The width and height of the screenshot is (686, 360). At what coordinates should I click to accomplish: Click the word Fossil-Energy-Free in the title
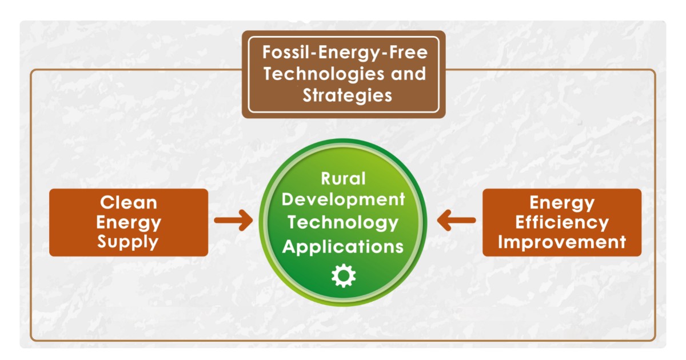(x=345, y=52)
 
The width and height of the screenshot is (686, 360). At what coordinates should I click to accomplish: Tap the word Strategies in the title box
(x=348, y=95)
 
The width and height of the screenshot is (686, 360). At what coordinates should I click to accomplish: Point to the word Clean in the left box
(x=129, y=203)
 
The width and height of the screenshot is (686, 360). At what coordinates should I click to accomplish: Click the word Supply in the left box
(x=128, y=242)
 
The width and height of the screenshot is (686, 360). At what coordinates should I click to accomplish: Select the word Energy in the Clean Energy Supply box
(x=129, y=223)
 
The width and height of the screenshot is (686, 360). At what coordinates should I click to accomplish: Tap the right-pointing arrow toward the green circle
(x=233, y=221)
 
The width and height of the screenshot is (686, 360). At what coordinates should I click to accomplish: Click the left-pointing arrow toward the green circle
(x=456, y=221)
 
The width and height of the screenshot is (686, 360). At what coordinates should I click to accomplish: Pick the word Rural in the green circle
(x=343, y=179)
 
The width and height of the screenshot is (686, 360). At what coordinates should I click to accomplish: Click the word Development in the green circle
(x=344, y=200)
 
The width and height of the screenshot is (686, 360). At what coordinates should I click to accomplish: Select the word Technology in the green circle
(x=343, y=223)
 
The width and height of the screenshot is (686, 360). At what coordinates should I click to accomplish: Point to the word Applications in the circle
(x=343, y=247)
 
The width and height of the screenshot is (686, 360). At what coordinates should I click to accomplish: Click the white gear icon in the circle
(x=344, y=276)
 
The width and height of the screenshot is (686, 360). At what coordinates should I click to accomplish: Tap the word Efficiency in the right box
(x=562, y=222)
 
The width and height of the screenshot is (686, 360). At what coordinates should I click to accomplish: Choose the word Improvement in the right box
(x=562, y=242)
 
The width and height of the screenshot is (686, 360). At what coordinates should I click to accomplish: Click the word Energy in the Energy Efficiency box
(x=562, y=203)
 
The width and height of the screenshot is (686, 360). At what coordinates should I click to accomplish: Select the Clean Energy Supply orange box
(x=129, y=222)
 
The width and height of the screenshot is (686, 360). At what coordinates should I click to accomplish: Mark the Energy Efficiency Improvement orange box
(x=562, y=222)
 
